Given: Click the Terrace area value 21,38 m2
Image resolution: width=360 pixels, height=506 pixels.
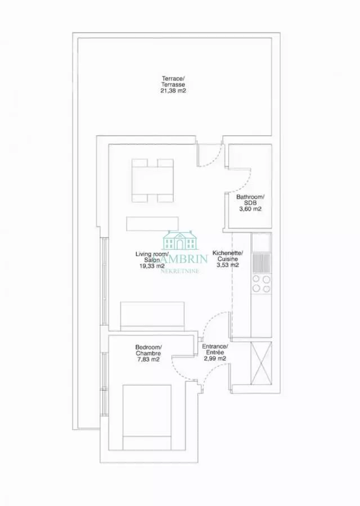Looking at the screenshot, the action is tap(173, 91).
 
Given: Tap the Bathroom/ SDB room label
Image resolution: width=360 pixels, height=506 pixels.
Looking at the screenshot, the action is tap(250, 200).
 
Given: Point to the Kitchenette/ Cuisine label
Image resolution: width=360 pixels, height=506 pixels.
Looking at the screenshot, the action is tap(228, 256).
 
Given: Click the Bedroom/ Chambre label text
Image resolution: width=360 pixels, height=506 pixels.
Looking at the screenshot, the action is tap(148, 350).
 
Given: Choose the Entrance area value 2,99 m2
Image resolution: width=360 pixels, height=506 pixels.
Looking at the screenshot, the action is tap(214, 359).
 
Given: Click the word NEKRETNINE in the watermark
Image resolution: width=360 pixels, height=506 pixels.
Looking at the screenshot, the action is tap(179, 271).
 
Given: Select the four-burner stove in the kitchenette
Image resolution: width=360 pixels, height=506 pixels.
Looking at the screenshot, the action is tap(262, 283).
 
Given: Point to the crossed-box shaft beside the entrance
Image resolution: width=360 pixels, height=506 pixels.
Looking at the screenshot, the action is tap(261, 363).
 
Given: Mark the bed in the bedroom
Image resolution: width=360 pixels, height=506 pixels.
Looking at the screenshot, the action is tap(147, 417).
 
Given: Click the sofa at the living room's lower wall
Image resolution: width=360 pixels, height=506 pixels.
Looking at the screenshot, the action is tap(152, 316).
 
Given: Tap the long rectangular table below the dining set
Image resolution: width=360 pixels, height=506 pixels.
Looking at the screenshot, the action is tap(152, 224).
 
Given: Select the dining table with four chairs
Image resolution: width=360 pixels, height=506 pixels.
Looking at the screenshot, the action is tap(152, 180).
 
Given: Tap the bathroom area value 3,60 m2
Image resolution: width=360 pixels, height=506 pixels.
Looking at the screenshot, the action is tap(250, 209).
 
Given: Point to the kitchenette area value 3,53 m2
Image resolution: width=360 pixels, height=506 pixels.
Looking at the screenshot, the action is tap(228, 265).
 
